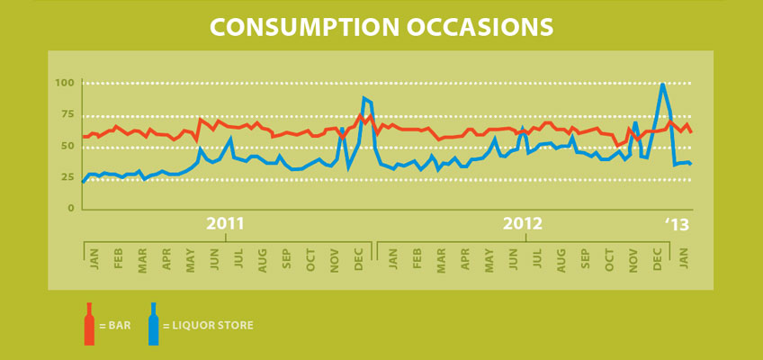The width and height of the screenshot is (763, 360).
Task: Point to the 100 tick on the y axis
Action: (64, 84)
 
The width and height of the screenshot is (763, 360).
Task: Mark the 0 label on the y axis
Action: (70, 209)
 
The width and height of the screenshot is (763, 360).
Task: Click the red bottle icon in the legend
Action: (89, 324)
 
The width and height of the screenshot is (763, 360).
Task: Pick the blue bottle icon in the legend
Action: (154, 324)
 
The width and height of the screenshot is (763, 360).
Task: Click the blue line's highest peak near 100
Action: (663, 85)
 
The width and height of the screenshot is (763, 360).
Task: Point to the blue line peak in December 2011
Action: (364, 98)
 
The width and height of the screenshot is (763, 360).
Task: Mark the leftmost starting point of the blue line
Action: (83, 182)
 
